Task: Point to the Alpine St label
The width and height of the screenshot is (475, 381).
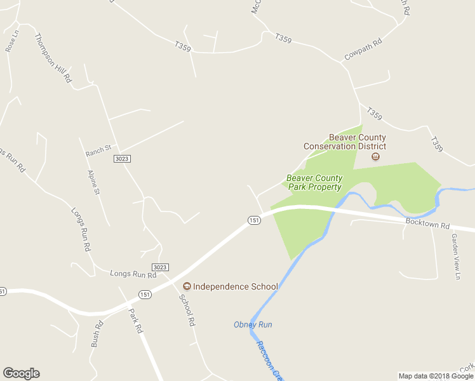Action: [94, 182]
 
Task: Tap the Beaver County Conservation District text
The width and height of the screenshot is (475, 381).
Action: [345, 142]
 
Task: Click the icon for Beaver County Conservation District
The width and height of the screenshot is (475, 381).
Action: [375, 156]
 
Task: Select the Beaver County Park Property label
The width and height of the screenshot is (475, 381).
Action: [314, 183]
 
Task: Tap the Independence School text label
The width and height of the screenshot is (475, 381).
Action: [236, 286]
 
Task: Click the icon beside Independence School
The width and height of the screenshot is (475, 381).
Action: [187, 286]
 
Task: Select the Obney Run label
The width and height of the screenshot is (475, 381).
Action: [253, 324]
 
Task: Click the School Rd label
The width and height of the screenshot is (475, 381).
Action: [187, 311]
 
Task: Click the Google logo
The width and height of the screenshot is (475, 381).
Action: [21, 373]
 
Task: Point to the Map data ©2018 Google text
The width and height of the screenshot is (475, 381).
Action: [436, 376]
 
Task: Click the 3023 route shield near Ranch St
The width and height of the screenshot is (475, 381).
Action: [123, 158]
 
